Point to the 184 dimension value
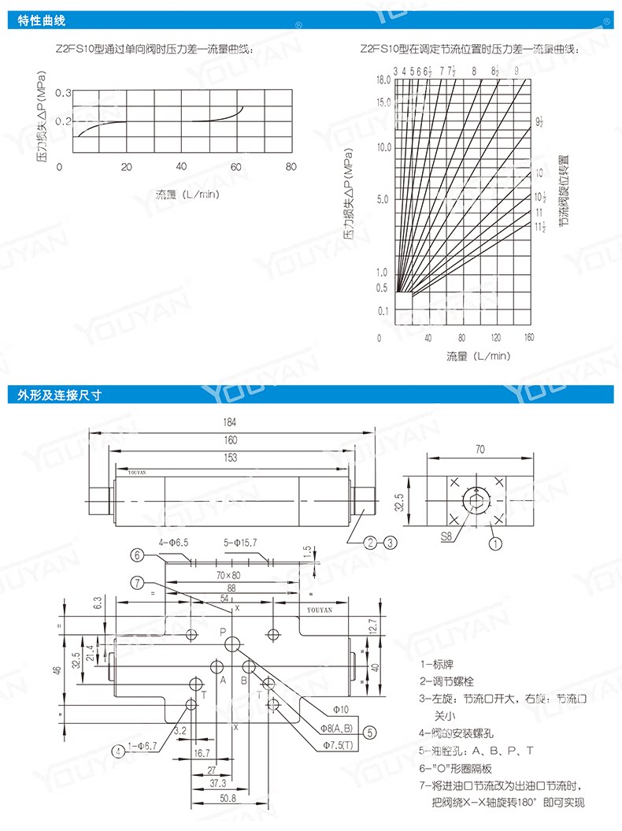[x=230, y=422]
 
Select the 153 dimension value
[x=230, y=458]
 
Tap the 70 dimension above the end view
[x=480, y=450]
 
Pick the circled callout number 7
[x=137, y=583]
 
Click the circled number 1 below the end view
[x=496, y=543]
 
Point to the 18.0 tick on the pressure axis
[x=383, y=80]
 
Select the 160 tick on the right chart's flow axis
[x=528, y=338]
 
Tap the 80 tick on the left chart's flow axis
[x=291, y=166]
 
